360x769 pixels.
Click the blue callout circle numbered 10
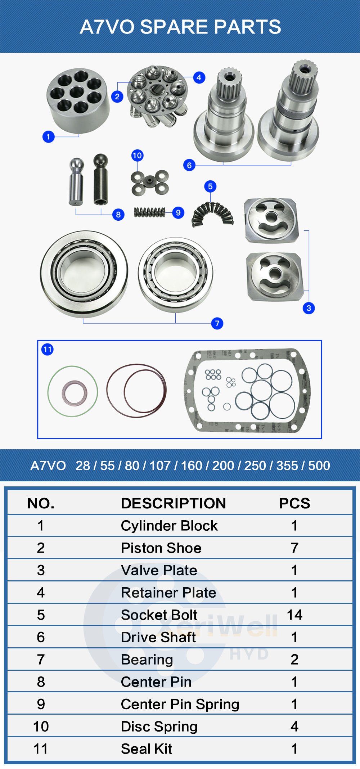137,156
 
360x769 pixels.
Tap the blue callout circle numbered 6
189,165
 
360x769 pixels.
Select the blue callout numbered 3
309,308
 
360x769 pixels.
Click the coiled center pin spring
149,212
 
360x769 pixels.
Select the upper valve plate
272,220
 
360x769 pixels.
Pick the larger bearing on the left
84,274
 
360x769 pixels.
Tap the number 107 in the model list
160,466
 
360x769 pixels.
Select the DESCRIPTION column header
173,503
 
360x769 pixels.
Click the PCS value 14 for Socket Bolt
294,615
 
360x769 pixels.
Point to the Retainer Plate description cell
168,593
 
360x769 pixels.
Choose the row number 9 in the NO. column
41,704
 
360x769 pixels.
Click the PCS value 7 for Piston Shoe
294,548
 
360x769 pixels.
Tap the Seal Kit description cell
147,749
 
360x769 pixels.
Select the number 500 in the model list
319,466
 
